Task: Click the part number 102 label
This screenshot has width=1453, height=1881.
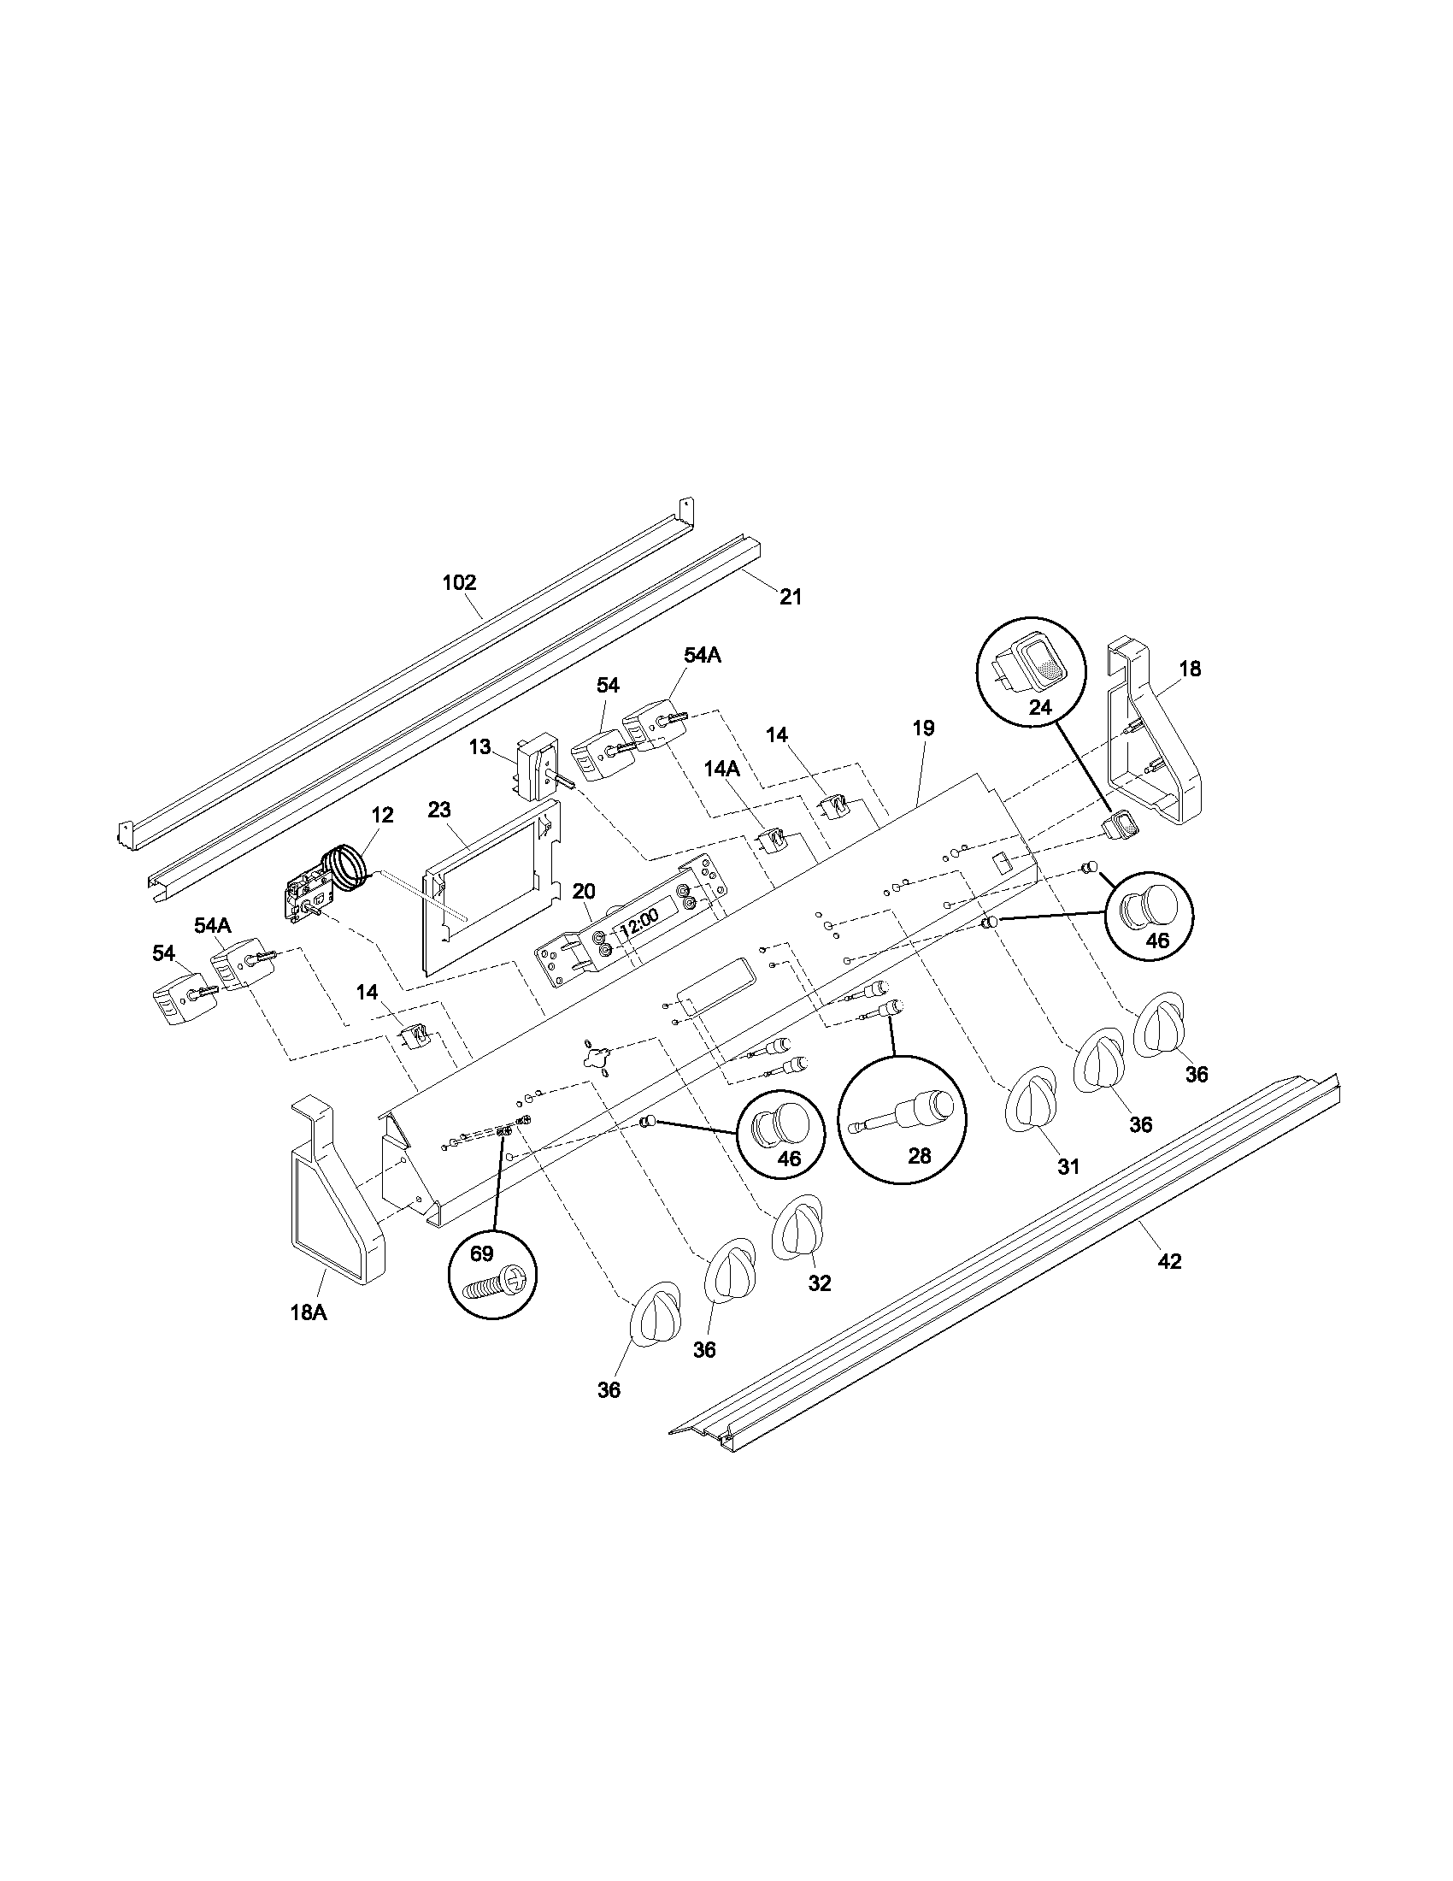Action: pyautogui.click(x=459, y=583)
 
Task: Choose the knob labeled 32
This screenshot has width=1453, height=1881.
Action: pyautogui.click(x=798, y=1228)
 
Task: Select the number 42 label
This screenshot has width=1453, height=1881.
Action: pyautogui.click(x=1169, y=1262)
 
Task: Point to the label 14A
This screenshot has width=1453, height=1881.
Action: pyautogui.click(x=722, y=769)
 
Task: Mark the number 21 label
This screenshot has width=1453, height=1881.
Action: pyautogui.click(x=791, y=597)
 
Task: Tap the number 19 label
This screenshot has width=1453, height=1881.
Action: pyautogui.click(x=923, y=728)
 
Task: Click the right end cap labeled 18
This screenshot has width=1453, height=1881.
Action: pyautogui.click(x=1149, y=749)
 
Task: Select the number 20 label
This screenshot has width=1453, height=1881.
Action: pyautogui.click(x=584, y=891)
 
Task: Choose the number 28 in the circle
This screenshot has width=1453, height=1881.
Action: pyautogui.click(x=920, y=1156)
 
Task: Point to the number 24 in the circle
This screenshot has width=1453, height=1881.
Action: pyautogui.click(x=1040, y=708)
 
